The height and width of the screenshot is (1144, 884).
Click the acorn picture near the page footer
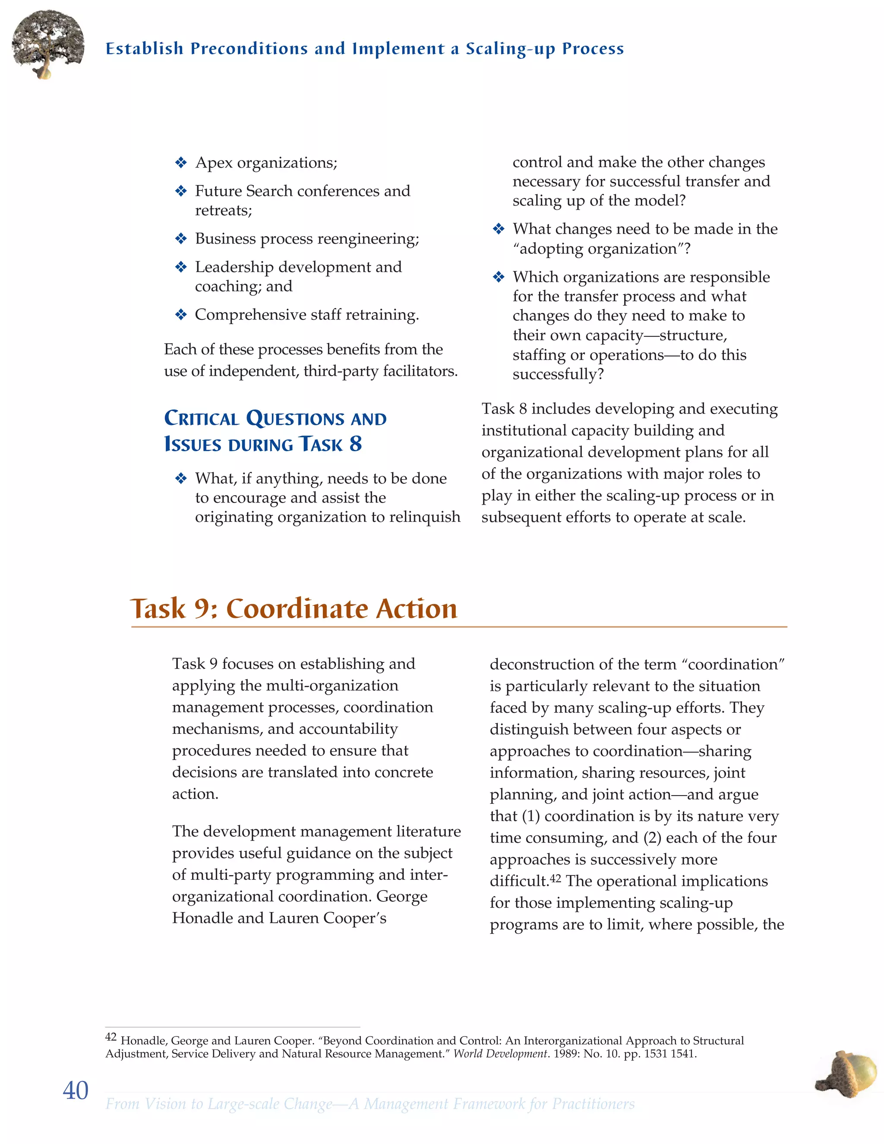(x=848, y=1074)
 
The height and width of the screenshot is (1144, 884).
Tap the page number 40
(x=76, y=1090)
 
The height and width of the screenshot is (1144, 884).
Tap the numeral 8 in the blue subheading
(x=356, y=444)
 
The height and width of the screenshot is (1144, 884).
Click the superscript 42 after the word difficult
(x=555, y=879)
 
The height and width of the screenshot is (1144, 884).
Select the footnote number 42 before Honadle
(x=111, y=1037)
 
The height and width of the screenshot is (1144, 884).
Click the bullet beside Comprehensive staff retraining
(x=181, y=315)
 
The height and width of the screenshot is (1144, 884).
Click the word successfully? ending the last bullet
(x=558, y=375)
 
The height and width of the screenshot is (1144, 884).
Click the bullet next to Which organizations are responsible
(x=499, y=277)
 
